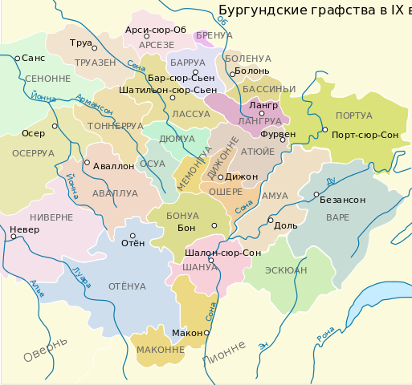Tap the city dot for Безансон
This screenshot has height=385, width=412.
click(x=316, y=194)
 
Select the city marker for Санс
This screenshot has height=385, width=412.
click(x=18, y=59)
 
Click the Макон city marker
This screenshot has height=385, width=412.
click(x=206, y=332)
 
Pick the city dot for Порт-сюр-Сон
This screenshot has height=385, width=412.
click(x=324, y=130)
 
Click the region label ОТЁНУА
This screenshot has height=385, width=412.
click(x=127, y=286)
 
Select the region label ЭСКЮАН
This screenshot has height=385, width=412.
click(x=286, y=271)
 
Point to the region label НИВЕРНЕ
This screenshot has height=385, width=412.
click(x=51, y=217)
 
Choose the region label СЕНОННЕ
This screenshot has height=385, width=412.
click(x=48, y=79)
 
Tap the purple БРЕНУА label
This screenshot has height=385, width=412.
click(x=214, y=36)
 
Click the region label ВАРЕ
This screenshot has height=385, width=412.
click(x=338, y=217)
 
